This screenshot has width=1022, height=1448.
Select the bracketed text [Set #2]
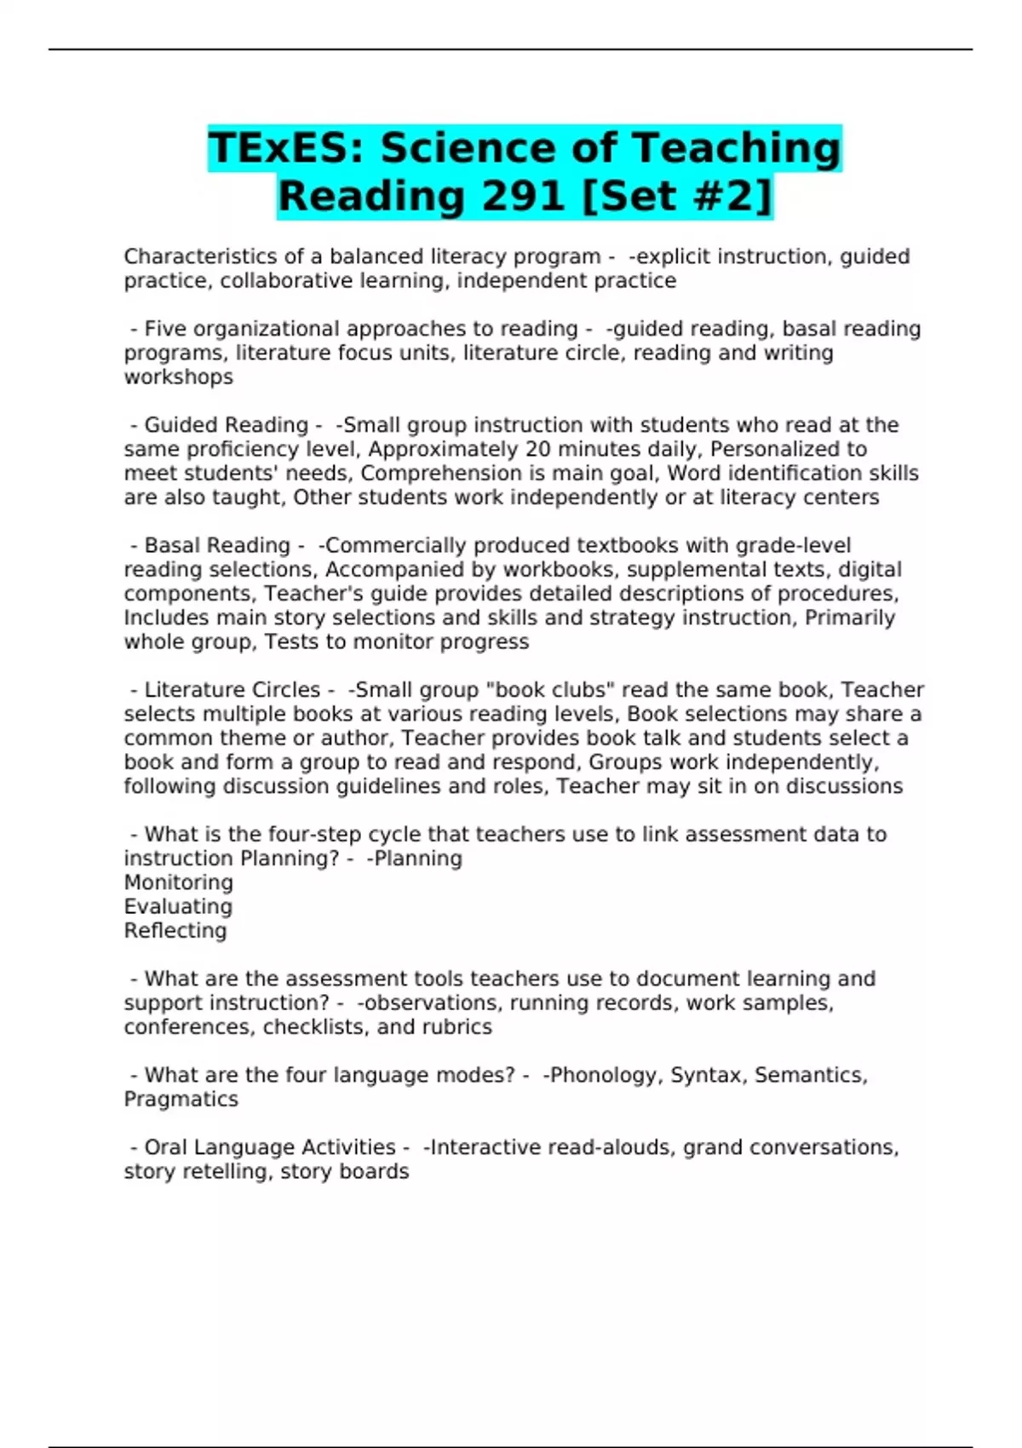(x=675, y=196)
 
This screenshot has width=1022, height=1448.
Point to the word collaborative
(x=275, y=281)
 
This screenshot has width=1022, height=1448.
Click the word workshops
(x=178, y=377)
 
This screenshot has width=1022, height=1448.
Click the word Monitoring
(x=178, y=882)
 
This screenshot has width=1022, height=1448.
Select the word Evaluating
(x=178, y=906)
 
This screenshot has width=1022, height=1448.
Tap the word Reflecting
(x=175, y=930)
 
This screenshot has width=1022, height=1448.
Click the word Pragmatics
(x=181, y=1100)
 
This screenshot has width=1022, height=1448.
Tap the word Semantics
(x=808, y=1075)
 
